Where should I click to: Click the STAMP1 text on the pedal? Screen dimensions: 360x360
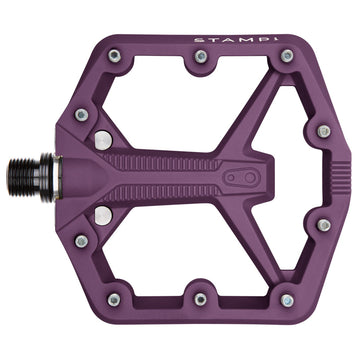229,41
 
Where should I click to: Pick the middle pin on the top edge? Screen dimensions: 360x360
201,57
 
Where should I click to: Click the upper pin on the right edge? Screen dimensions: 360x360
323,131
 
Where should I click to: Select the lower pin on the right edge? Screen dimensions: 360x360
323,226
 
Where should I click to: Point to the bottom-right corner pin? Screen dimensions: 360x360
287,299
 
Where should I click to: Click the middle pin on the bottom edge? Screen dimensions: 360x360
201,299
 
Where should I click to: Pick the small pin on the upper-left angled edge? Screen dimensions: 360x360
81,115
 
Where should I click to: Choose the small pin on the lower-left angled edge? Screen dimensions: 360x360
81,241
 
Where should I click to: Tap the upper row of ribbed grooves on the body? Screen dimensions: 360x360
170,162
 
